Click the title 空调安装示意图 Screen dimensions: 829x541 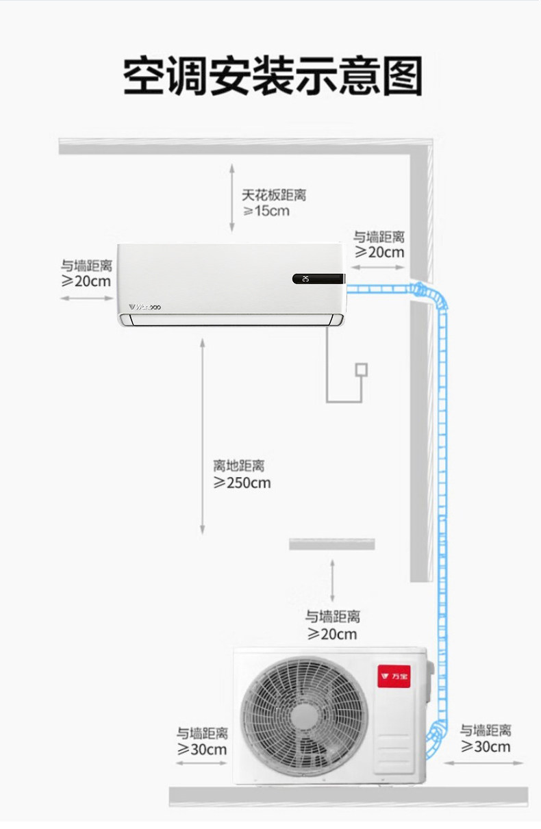pyautogui.click(x=273, y=75)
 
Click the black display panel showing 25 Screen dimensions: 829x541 pyautogui.click(x=317, y=279)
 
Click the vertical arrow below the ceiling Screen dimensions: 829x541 pyautogui.click(x=232, y=199)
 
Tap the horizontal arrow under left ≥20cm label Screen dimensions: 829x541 pyautogui.click(x=87, y=298)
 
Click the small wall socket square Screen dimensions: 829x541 pyautogui.click(x=361, y=370)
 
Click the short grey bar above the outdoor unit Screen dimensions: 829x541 pyautogui.click(x=332, y=544)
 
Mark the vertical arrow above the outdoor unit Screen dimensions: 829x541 pyautogui.click(x=332, y=581)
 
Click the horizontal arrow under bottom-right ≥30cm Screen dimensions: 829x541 pyautogui.click(x=484, y=763)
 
